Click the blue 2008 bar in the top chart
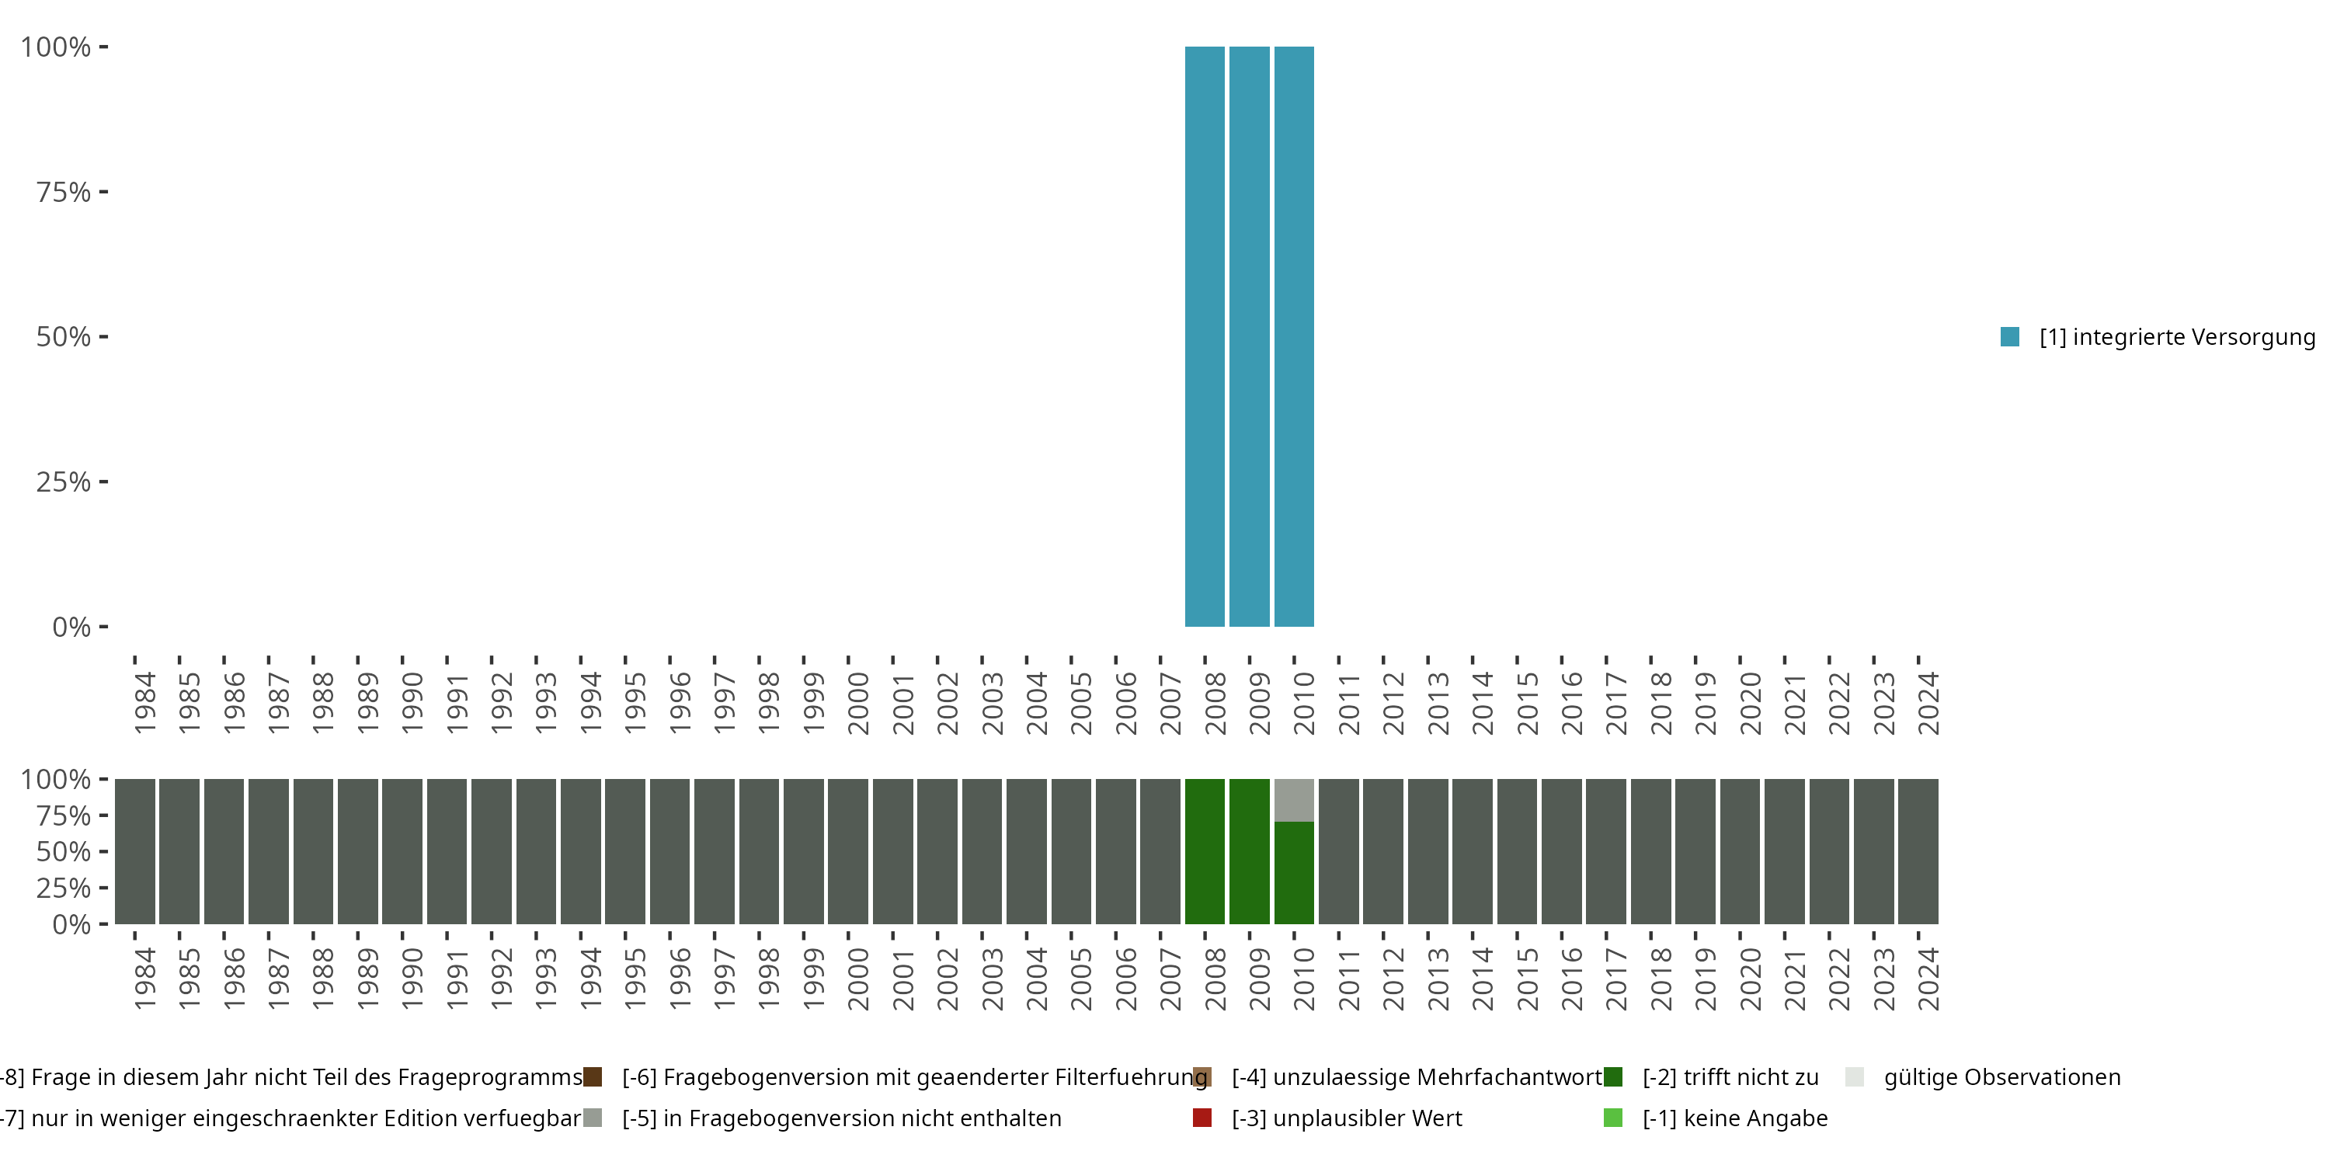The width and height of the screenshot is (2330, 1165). coord(1205,336)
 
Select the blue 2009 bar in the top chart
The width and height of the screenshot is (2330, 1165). coord(1249,336)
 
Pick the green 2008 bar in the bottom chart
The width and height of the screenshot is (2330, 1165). coord(1205,851)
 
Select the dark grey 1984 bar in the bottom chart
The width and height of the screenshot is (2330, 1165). coord(135,851)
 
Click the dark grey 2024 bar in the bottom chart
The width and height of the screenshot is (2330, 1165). coord(1918,851)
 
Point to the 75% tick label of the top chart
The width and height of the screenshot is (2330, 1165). coord(64,193)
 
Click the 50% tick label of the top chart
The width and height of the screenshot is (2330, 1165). coord(64,337)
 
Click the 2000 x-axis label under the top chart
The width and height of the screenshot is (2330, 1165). coord(857,704)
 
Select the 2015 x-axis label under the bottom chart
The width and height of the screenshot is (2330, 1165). coord(1527,979)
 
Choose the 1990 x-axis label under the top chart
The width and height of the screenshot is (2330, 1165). coord(412,704)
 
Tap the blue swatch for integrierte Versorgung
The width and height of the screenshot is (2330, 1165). coord(2010,337)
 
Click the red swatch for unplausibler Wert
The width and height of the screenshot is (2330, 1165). coord(1202,1118)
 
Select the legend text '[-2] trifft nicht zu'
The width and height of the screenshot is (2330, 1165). coord(1730,1077)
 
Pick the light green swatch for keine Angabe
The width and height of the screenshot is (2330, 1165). coord(1612,1118)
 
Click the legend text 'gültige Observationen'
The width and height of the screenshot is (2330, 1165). coord(2001,1077)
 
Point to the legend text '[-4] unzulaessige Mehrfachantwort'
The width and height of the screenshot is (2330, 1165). coord(1417,1077)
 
